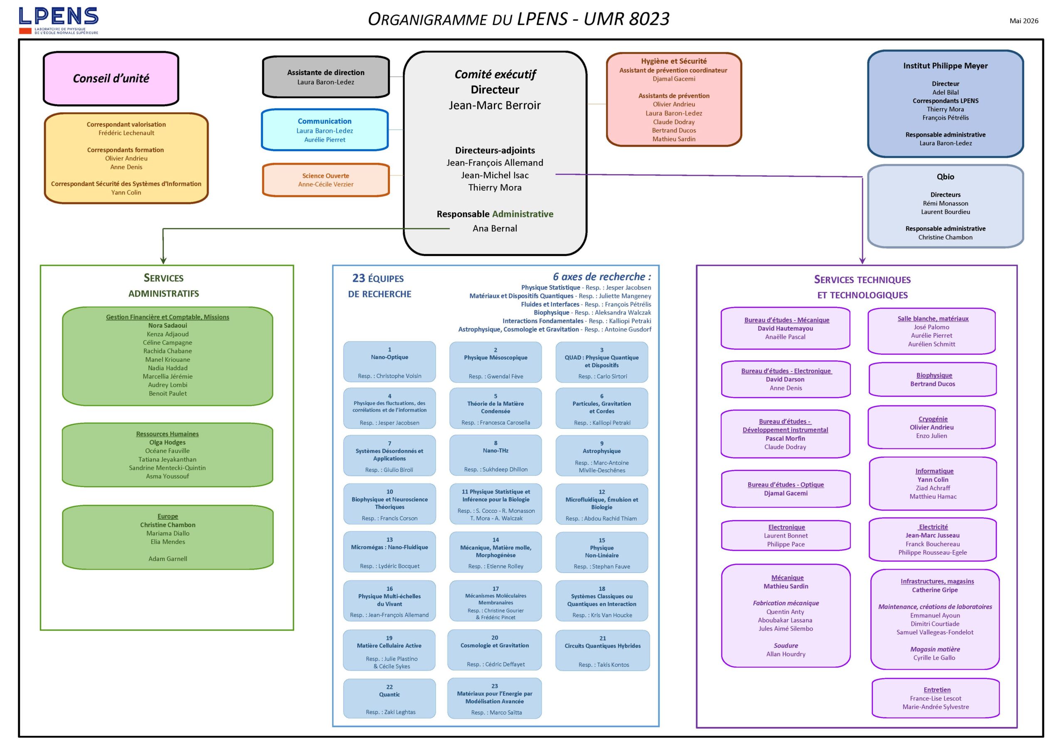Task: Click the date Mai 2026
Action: pyautogui.click(x=1024, y=21)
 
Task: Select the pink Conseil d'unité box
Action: pyautogui.click(x=111, y=78)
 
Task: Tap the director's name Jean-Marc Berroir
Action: pyautogui.click(x=495, y=105)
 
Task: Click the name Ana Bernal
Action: pyautogui.click(x=495, y=229)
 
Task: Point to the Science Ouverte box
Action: pyautogui.click(x=326, y=180)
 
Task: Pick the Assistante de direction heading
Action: pyautogui.click(x=326, y=72)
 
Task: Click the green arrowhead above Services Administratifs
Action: pyautogui.click(x=163, y=260)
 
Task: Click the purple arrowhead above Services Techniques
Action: pyautogui.click(x=862, y=260)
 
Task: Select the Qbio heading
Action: pyautogui.click(x=946, y=177)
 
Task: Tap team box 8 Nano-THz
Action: pyautogui.click(x=495, y=455)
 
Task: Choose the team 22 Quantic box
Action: pyautogui.click(x=389, y=698)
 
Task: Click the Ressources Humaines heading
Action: pyautogui.click(x=167, y=434)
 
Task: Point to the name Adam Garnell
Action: pyautogui.click(x=168, y=559)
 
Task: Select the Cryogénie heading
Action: pyautogui.click(x=933, y=419)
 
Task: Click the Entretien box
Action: pyautogui.click(x=936, y=698)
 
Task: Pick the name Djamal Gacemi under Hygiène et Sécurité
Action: pyautogui.click(x=674, y=79)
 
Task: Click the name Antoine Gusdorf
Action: pyautogui.click(x=628, y=329)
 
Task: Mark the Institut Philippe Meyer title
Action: pyautogui.click(x=946, y=66)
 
